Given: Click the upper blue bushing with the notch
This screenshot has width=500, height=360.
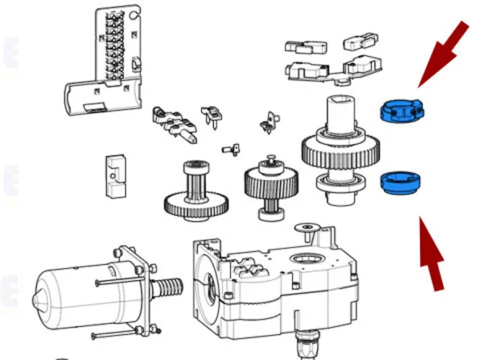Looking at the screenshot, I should coord(400,111).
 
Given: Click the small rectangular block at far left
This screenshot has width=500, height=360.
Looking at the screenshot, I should coord(113,176).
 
